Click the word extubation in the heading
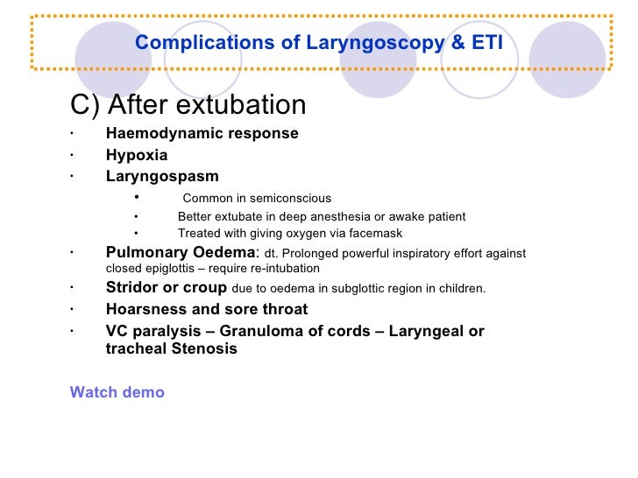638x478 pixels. click(x=246, y=105)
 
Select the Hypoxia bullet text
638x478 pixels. click(x=137, y=155)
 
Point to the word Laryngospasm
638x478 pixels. click(x=162, y=176)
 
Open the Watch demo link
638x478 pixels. click(x=117, y=392)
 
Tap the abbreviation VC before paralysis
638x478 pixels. click(x=117, y=331)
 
